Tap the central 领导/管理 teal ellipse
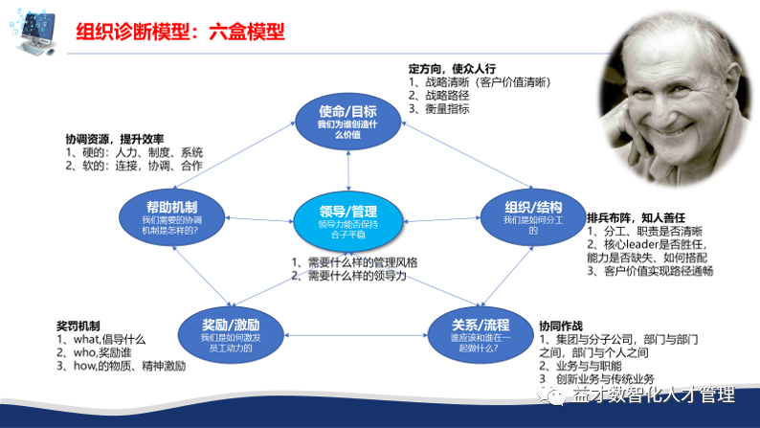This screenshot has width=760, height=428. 347,218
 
